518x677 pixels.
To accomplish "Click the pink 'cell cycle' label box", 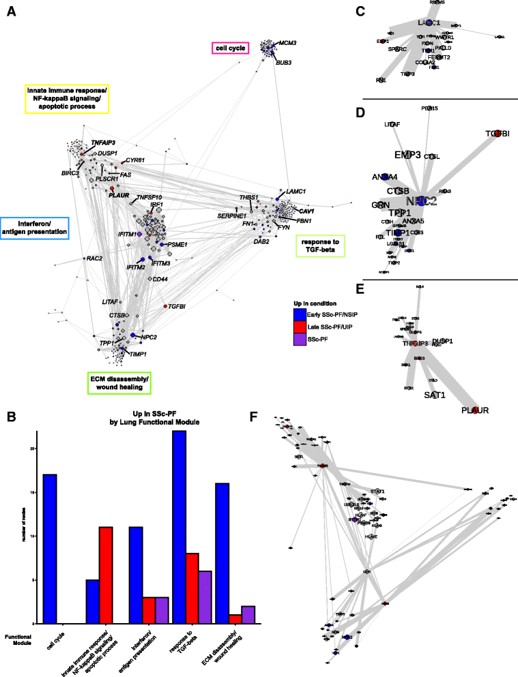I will click(x=231, y=48).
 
